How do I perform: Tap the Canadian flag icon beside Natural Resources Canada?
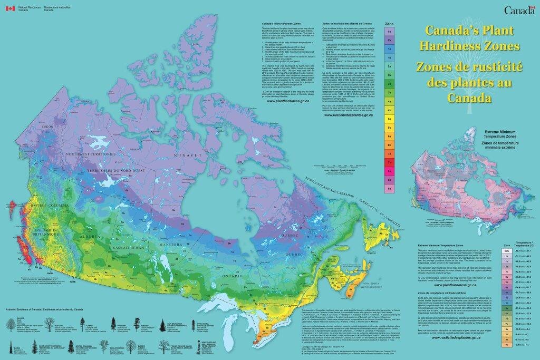click(x=9, y=8)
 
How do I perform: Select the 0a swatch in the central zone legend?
click(x=389, y=31)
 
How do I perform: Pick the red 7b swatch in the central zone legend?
click(x=389, y=162)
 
